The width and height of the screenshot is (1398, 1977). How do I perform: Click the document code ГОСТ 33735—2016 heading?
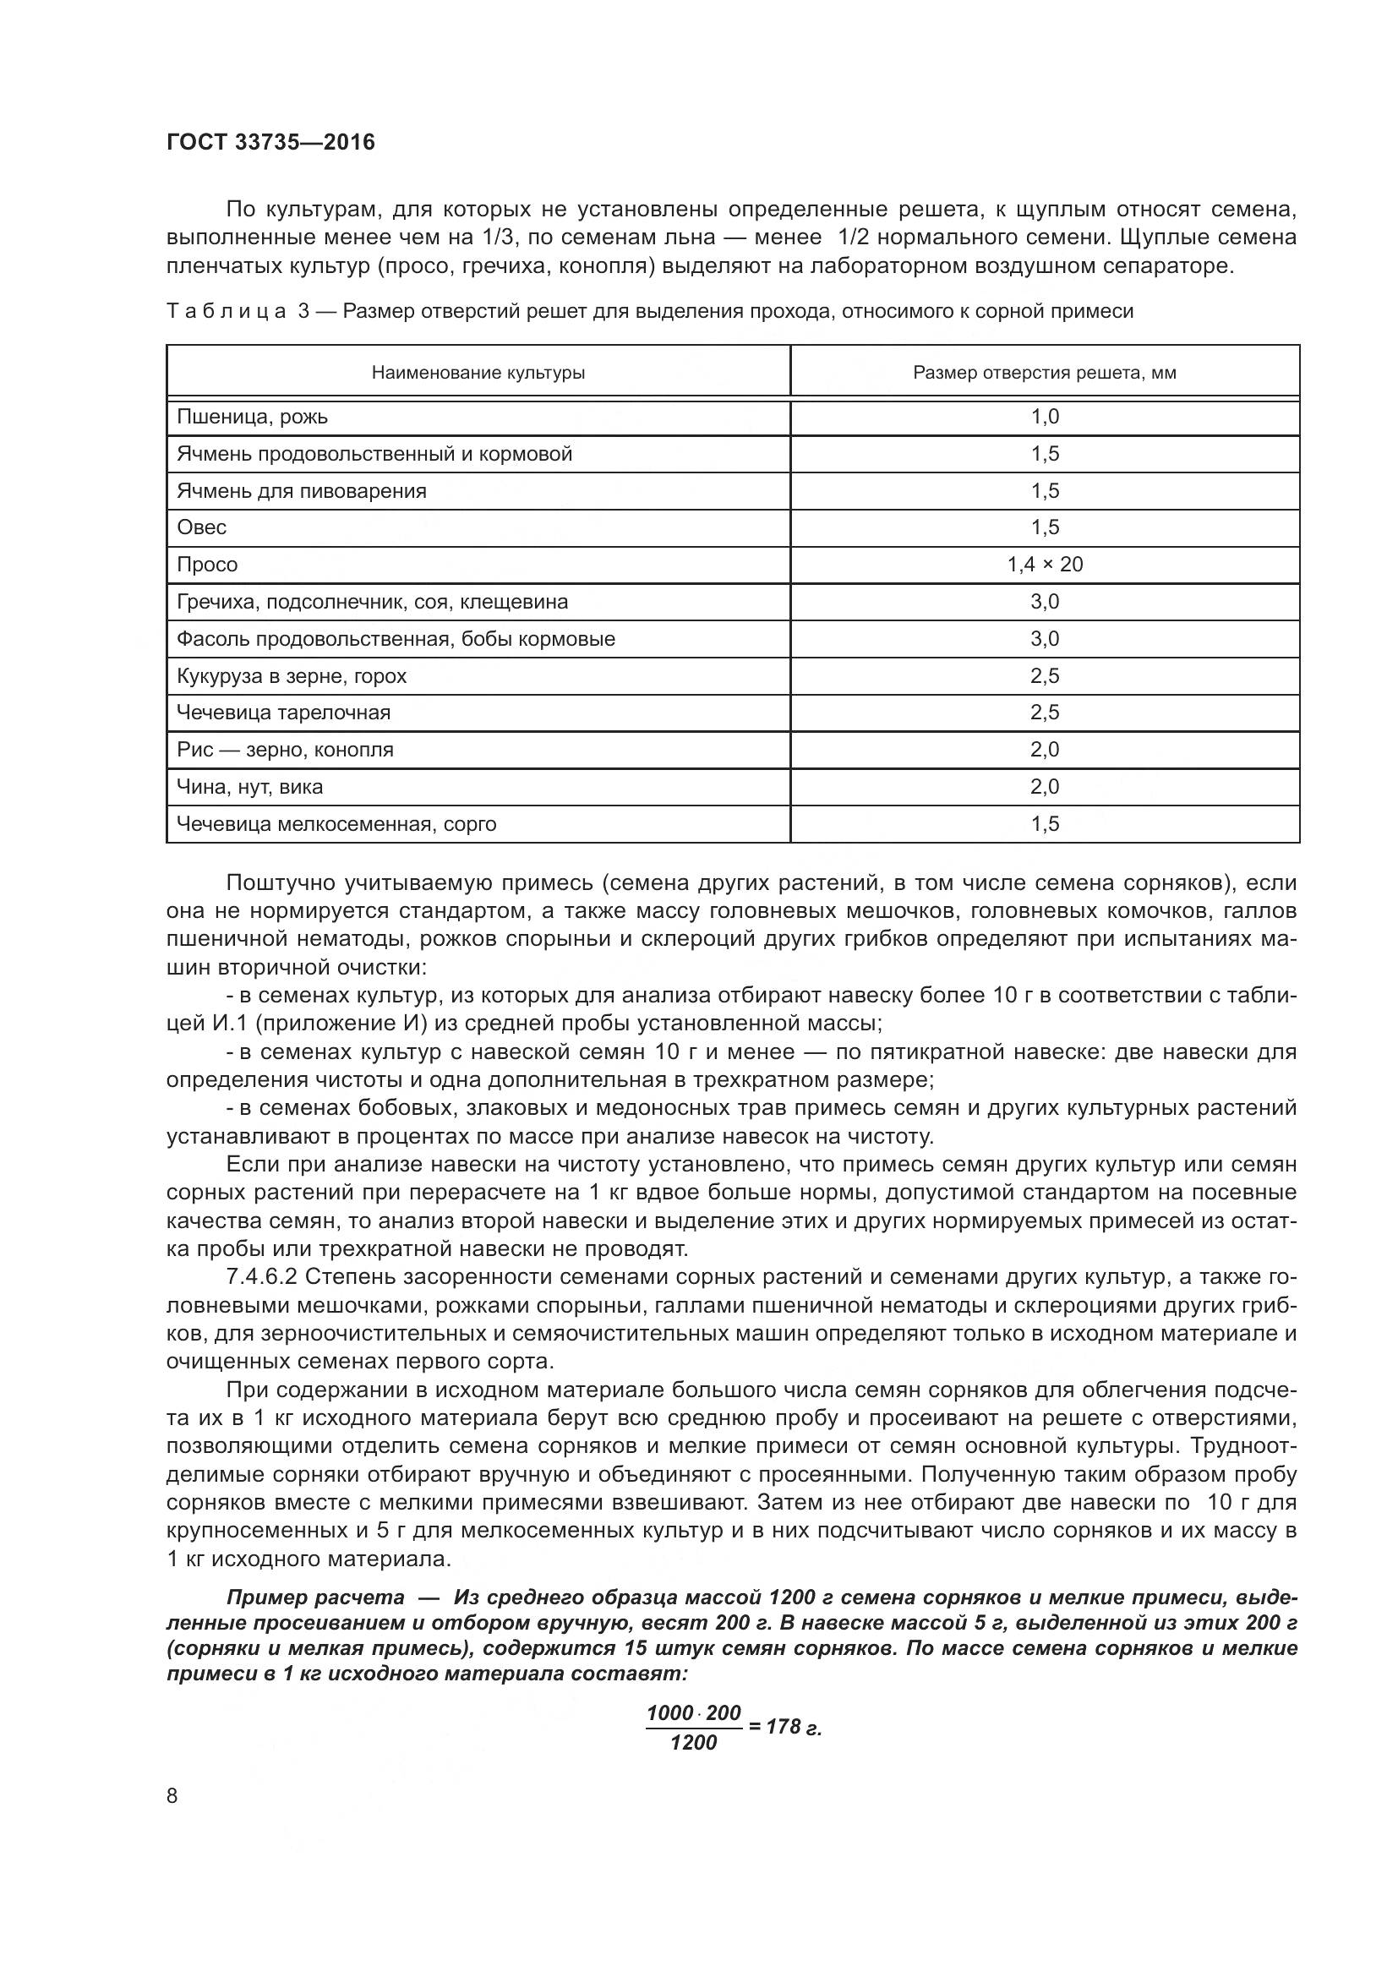(x=270, y=142)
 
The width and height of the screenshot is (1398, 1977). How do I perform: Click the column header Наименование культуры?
(x=478, y=373)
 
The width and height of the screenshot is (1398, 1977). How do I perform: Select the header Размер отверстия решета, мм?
(x=1044, y=373)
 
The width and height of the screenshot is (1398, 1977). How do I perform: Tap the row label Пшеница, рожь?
(x=252, y=418)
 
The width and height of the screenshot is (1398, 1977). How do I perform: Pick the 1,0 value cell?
(x=1045, y=418)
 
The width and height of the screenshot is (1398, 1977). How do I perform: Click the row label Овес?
(x=201, y=527)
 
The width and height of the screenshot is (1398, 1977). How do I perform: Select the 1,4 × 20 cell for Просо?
(x=1045, y=565)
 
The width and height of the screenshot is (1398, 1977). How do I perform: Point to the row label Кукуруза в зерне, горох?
(x=291, y=676)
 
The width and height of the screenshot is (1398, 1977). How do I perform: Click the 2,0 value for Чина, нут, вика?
(x=1045, y=787)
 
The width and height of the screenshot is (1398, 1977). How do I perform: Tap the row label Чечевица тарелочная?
(x=283, y=713)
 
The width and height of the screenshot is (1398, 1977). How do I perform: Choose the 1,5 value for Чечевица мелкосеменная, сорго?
(x=1045, y=824)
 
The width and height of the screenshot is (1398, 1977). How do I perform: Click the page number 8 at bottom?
(x=172, y=1796)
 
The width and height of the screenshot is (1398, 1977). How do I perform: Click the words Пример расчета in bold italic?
(x=315, y=1597)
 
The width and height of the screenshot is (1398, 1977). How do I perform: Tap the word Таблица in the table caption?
(x=227, y=312)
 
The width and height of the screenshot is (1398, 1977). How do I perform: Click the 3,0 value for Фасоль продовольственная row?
(x=1045, y=639)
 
